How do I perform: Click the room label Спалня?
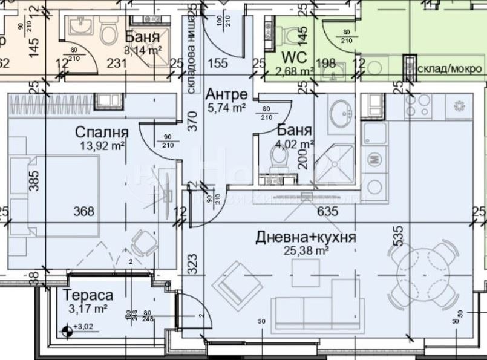pyautogui.click(x=102, y=132)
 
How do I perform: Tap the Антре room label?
pyautogui.click(x=226, y=94)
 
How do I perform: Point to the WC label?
pyautogui.click(x=295, y=58)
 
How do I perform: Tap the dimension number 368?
pyautogui.click(x=83, y=211)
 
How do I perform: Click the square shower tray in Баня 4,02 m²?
pyautogui.click(x=334, y=163)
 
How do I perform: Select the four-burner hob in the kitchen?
pyautogui.click(x=417, y=107)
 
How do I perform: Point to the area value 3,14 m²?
pyautogui.click(x=143, y=50)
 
